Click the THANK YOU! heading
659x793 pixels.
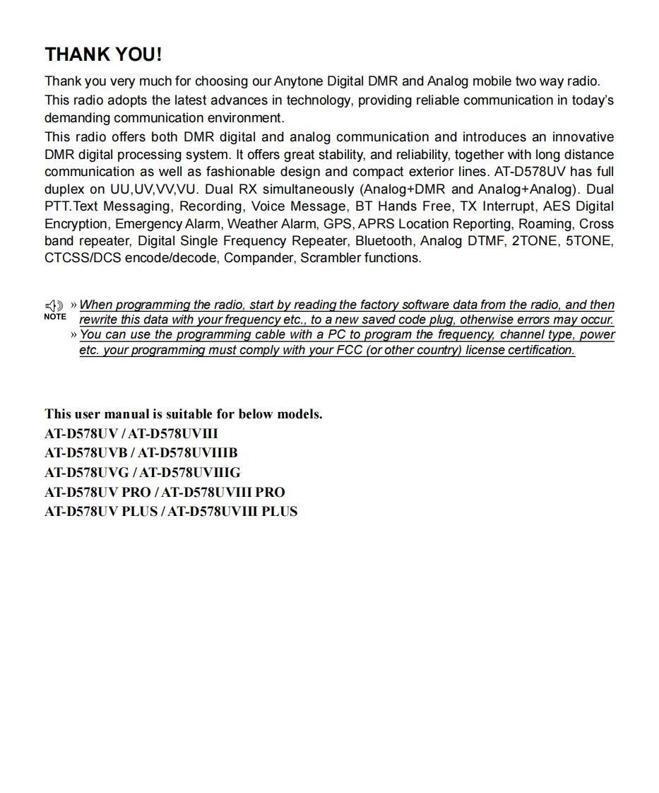pos(103,54)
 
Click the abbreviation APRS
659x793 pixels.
pos(376,224)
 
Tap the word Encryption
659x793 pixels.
pos(76,224)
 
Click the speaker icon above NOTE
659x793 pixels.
pos(54,306)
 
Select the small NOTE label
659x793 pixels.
pos(54,317)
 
